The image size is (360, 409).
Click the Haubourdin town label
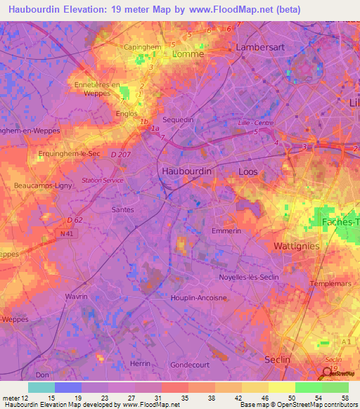(x=186, y=171)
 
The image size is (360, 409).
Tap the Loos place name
(x=248, y=171)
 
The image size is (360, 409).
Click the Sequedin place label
(x=178, y=120)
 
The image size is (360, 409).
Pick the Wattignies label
(x=296, y=246)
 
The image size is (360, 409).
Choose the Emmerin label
(x=226, y=231)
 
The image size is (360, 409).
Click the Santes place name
(x=124, y=209)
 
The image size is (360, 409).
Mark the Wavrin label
(x=76, y=297)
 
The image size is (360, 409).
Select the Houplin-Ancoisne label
(x=199, y=298)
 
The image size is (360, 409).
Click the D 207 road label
(x=120, y=154)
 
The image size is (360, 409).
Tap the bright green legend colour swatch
(x=308, y=387)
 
